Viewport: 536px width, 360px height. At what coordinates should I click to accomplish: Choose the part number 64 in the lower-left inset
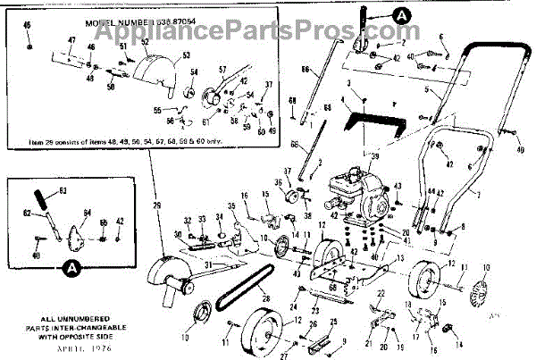click(87, 212)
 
